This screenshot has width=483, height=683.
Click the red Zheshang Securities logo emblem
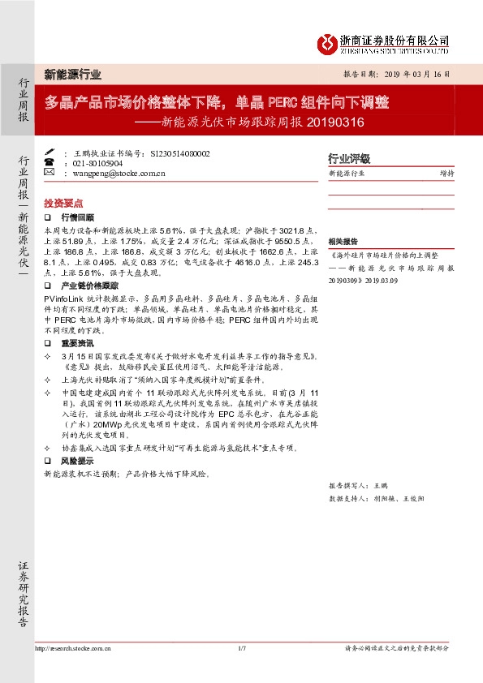coord(326,42)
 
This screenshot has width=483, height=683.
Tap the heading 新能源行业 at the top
coord(72,75)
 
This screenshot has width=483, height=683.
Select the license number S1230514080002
coord(179,152)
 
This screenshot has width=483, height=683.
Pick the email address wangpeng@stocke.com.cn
coord(120,173)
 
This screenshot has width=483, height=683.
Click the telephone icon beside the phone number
coord(49,162)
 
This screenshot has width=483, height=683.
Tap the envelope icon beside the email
coord(49,173)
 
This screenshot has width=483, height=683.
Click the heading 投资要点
coord(63,203)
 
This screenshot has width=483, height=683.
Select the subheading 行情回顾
coord(77,218)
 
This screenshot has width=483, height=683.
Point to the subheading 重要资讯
coord(77,343)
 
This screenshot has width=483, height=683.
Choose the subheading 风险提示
coord(77,461)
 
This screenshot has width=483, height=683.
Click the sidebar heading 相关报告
coord(343,243)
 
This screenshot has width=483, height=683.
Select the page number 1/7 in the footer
coord(241,648)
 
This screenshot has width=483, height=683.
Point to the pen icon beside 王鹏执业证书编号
coord(49,152)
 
